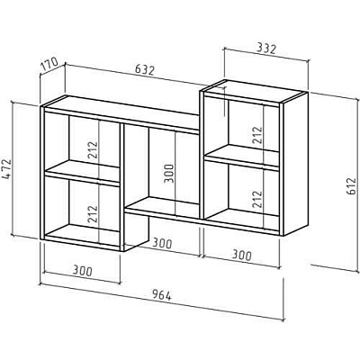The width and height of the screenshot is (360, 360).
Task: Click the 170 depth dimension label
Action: (49, 66)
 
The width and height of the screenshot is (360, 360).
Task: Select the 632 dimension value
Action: (144, 70)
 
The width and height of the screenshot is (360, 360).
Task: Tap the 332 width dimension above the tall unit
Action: (265, 49)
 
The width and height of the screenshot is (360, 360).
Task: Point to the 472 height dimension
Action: (6, 170)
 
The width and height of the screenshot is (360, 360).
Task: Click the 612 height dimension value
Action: (351, 186)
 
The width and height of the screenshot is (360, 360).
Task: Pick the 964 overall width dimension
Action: (162, 295)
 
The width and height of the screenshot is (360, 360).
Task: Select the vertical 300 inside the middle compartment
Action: (168, 173)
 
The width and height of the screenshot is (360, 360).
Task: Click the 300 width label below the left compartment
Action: (83, 272)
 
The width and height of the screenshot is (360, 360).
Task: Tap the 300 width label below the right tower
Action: (241, 256)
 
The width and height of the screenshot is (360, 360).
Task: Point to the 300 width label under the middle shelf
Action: (162, 243)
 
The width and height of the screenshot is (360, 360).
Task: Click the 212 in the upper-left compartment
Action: (93, 150)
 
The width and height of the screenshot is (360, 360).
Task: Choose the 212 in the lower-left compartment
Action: (93, 213)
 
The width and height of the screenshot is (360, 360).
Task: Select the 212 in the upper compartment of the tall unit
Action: (257, 135)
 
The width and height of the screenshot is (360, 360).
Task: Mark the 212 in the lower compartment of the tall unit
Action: (257, 199)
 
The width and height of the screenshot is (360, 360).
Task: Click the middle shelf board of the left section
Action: (82, 173)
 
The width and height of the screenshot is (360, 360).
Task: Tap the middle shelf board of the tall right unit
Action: (242, 157)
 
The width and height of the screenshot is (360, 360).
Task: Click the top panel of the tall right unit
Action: (253, 91)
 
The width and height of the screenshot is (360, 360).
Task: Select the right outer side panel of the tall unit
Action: (295, 165)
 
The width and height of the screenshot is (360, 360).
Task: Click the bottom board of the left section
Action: (82, 236)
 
